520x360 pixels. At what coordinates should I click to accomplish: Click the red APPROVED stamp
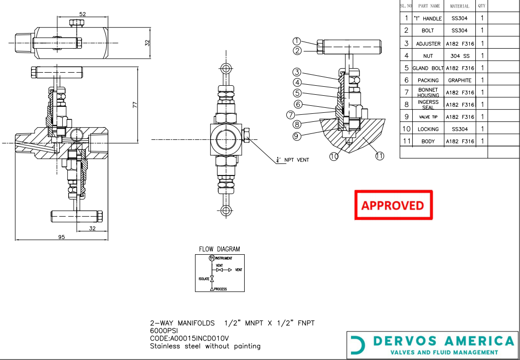click(393, 205)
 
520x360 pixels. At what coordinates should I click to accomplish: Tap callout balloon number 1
click(297, 42)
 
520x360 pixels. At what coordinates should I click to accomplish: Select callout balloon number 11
click(380, 156)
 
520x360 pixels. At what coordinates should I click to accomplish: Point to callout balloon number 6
click(298, 104)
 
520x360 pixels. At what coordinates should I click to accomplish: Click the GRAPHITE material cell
click(459, 80)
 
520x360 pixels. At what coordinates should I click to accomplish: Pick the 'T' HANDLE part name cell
click(427, 19)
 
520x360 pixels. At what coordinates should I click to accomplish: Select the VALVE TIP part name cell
click(428, 117)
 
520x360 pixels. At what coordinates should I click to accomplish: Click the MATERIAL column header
click(459, 6)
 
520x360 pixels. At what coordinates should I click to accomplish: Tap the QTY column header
click(481, 6)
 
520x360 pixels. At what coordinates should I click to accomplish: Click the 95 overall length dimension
click(61, 237)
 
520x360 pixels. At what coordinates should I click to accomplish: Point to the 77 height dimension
click(134, 105)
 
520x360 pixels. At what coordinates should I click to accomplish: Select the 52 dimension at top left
click(83, 14)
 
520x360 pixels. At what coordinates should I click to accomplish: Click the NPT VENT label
click(296, 160)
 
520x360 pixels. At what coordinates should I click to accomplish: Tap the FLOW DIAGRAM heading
click(219, 249)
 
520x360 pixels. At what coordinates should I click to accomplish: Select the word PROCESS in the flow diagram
click(220, 289)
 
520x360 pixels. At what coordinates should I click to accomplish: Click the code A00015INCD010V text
click(190, 338)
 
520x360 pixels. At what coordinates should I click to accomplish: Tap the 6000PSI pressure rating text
click(164, 331)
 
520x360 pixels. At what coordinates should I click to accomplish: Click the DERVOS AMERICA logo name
click(444, 341)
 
